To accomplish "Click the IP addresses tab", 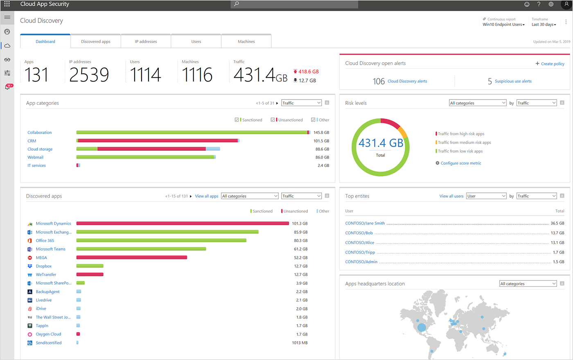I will coord(146,41).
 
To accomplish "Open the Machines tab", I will coord(246,41).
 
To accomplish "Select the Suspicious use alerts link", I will coord(513,81).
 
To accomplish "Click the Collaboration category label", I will coord(40,132).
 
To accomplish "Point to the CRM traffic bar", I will coord(158,140).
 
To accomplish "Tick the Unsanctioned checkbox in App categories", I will coord(273,120).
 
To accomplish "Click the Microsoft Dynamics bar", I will coord(183,223).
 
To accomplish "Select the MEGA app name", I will coord(41,258).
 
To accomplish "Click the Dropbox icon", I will coord(30,266).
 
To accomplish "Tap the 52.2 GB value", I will coord(300,258).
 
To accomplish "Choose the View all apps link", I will coord(206,196).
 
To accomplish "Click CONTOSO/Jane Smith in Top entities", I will coord(365,223).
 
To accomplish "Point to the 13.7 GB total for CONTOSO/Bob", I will coord(557,233).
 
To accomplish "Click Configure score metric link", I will coord(460,163).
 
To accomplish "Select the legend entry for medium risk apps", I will coord(464,143).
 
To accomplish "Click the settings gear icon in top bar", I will coord(551,4).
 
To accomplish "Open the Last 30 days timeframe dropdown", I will coord(544,25).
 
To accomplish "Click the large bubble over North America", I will coord(422,327).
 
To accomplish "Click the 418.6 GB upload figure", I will coord(308,71).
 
